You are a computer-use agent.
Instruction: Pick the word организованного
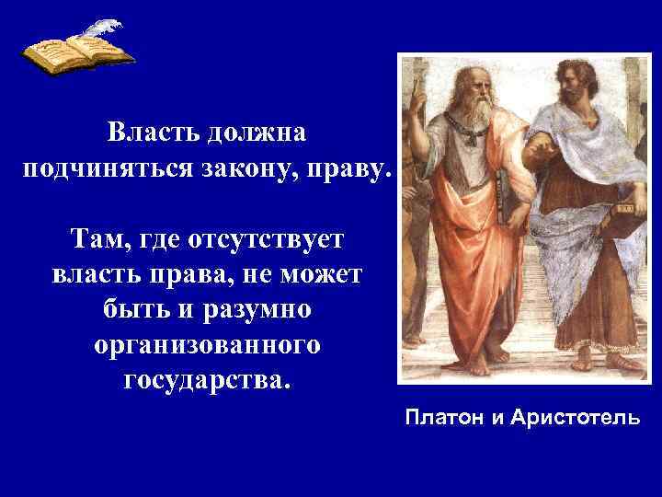tap(207, 344)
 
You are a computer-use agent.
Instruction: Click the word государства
tap(207, 379)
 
